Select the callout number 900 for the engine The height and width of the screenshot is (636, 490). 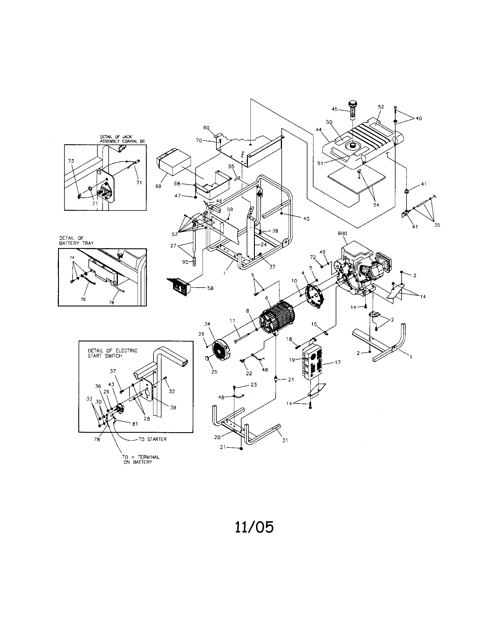click(x=342, y=233)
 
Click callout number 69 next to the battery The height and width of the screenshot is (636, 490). click(x=158, y=186)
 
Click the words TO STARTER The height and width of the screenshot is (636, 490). click(x=153, y=439)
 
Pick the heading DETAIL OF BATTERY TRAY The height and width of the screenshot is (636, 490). click(x=77, y=241)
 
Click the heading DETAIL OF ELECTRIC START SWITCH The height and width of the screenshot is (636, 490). click(x=112, y=353)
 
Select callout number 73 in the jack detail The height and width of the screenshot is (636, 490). click(x=71, y=161)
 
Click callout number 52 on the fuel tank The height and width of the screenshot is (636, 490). click(x=381, y=107)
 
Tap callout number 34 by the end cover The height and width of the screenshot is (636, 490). click(x=207, y=324)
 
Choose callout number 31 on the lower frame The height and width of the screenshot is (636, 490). click(x=285, y=440)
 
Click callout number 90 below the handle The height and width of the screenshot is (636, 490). click(x=185, y=262)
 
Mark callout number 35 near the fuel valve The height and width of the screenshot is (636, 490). click(x=437, y=225)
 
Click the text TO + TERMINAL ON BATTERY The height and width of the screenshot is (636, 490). click(x=140, y=460)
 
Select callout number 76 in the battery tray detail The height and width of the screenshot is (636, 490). click(x=83, y=299)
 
